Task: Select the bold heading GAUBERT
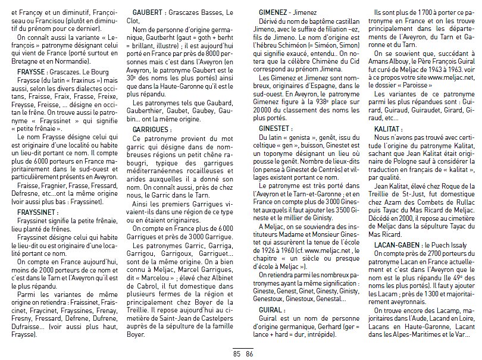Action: [x=148, y=12]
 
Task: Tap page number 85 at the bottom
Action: [x=236, y=353]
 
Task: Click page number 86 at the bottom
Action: [x=249, y=353]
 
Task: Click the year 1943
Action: [x=434, y=70]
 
